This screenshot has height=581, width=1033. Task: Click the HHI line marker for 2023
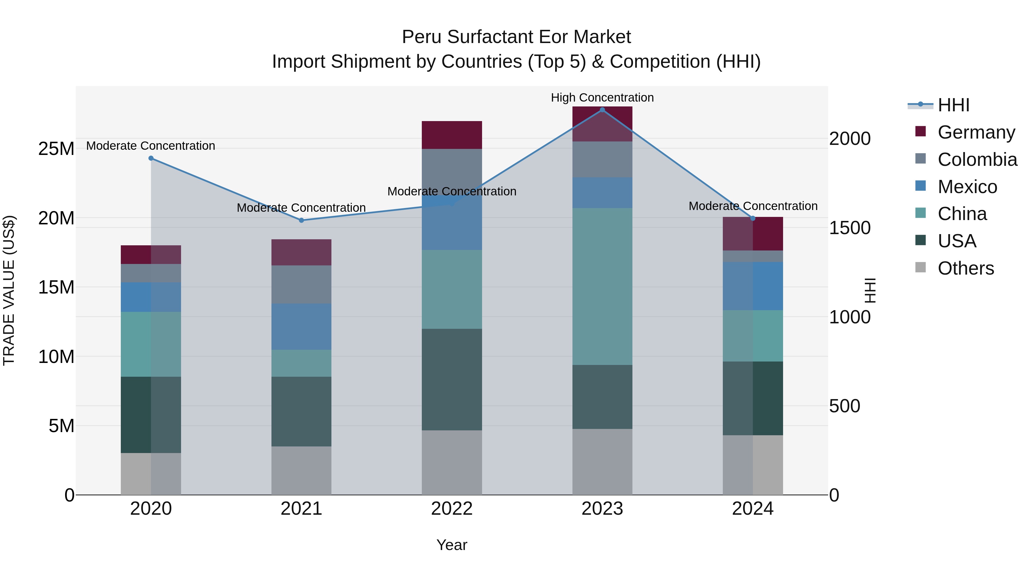click(x=602, y=110)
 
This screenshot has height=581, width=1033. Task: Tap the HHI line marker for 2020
click(x=151, y=158)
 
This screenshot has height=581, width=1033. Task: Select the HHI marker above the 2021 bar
click(x=302, y=220)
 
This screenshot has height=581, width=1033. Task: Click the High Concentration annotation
click(x=602, y=98)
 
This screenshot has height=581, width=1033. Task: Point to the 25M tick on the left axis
click(x=56, y=149)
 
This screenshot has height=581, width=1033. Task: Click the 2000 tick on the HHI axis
click(x=850, y=139)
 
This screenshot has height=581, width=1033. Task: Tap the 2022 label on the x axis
click(x=452, y=509)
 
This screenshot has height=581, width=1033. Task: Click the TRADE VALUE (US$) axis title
click(x=9, y=290)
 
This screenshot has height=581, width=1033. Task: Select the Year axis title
click(x=452, y=545)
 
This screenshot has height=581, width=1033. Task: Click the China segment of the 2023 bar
click(x=602, y=286)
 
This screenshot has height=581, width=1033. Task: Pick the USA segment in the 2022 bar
click(x=452, y=379)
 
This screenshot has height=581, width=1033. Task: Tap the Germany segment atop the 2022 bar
click(x=452, y=135)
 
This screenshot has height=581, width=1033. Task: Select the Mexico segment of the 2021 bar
click(x=301, y=327)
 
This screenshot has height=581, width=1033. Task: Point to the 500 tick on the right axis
click(x=844, y=406)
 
